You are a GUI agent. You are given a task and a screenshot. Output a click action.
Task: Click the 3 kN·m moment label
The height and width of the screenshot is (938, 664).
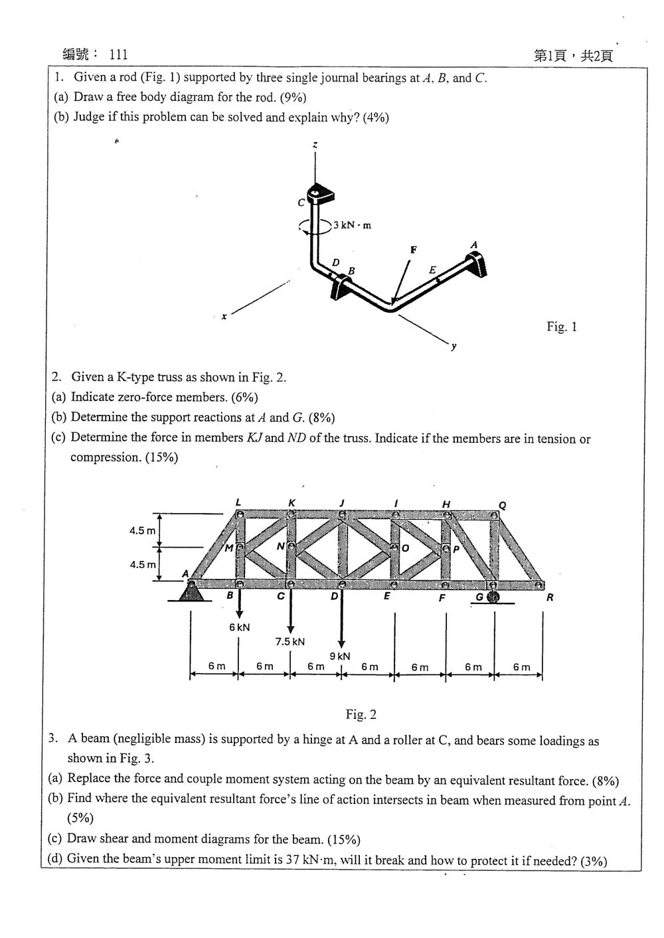coord(353,225)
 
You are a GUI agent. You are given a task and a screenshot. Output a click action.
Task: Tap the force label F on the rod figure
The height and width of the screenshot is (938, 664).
coord(414,250)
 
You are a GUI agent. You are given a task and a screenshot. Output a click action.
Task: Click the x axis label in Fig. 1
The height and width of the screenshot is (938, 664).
coord(224,317)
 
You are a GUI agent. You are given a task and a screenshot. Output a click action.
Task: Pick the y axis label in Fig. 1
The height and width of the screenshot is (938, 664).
coord(454,347)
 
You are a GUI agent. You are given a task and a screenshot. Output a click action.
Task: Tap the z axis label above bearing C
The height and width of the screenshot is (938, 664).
coord(315,145)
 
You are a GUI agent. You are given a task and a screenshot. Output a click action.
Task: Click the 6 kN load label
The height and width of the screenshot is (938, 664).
coord(240,627)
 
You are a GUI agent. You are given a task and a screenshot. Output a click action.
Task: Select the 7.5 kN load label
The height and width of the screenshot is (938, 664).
coord(290,641)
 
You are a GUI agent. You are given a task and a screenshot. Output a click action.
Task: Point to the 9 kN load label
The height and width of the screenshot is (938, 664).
coord(340,656)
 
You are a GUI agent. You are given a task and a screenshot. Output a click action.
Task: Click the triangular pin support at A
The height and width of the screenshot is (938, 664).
coord(191,591)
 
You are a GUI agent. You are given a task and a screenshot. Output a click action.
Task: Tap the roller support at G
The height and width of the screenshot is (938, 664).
coord(493,597)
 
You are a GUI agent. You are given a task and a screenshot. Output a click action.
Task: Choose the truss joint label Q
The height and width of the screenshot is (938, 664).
coord(503,506)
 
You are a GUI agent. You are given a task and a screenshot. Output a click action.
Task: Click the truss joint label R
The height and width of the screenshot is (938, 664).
coord(550,597)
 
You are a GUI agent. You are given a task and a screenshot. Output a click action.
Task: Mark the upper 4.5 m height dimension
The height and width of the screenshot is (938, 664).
coord(143,530)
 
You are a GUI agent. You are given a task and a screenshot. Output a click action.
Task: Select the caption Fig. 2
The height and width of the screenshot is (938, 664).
coord(361,714)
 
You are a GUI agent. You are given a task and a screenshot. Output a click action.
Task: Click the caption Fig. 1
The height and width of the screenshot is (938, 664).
coord(562,326)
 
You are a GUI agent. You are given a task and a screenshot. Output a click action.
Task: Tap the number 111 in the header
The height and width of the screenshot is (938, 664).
coord(118,54)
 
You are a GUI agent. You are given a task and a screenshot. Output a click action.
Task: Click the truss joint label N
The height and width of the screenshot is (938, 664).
coord(280,546)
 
